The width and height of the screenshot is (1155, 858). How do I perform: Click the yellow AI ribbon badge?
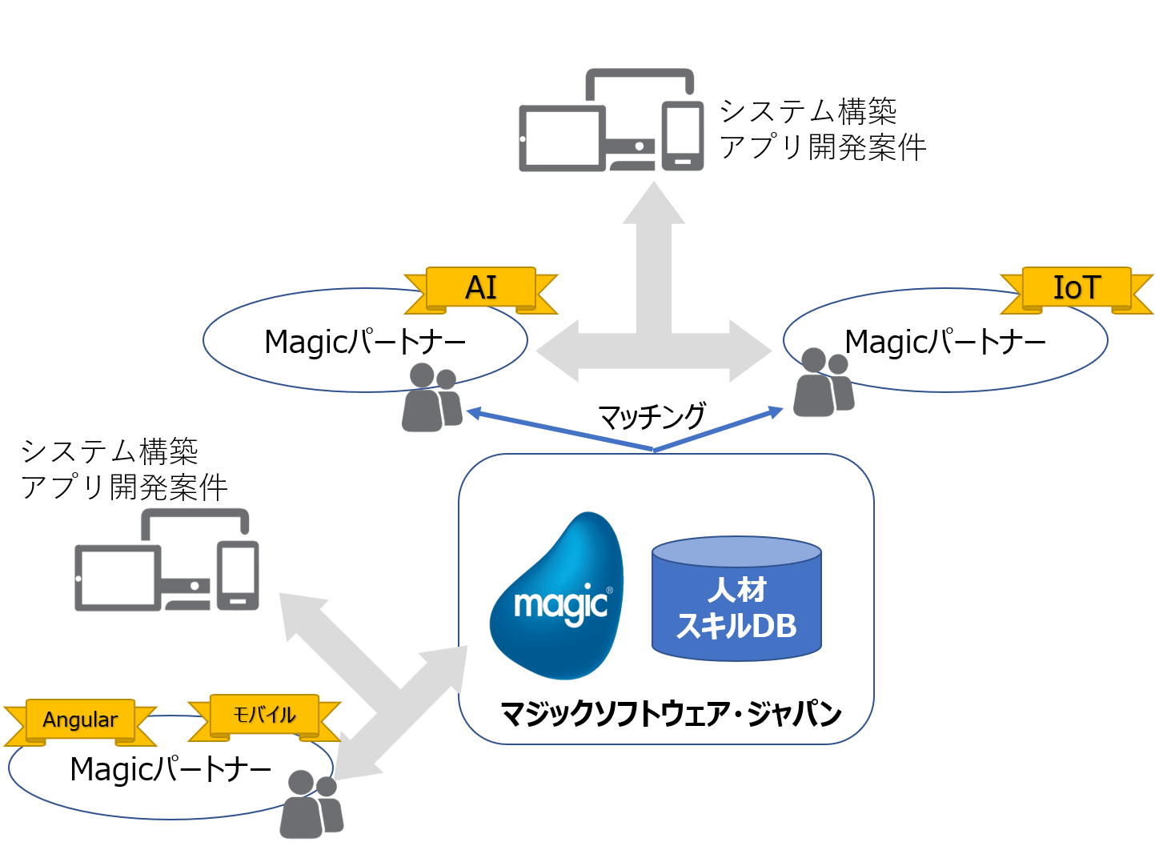pos(481,288)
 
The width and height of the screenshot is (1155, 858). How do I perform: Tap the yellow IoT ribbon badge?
pos(1077,288)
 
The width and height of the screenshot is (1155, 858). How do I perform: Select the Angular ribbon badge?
pos(80,720)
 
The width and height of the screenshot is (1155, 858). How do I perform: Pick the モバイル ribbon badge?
pos(264,715)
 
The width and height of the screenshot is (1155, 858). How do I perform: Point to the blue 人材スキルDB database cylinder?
pos(736,600)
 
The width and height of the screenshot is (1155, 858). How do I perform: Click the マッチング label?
pos(652,416)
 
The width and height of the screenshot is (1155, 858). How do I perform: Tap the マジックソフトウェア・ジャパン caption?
pos(671,713)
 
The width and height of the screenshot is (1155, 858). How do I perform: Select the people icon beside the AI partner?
pos(431,398)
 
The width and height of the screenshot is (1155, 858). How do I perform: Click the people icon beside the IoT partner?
pos(823,383)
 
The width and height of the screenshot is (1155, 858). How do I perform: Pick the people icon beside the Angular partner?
pos(310,804)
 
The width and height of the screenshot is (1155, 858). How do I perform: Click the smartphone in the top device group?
pos(682,135)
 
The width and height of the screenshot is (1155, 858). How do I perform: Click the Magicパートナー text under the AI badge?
pos(365,343)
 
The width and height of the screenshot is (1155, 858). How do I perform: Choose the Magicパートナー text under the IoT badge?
pos(945,343)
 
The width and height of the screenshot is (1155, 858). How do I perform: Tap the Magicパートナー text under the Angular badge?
pos(170,770)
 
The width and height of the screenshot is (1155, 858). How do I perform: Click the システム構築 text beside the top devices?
pos(808,111)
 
